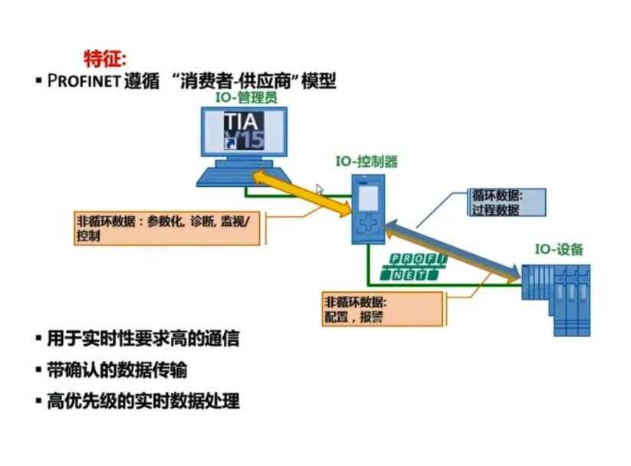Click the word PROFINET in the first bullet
click(83, 81)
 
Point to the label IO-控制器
click(366, 162)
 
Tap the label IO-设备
click(559, 249)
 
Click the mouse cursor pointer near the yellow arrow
click(320, 189)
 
